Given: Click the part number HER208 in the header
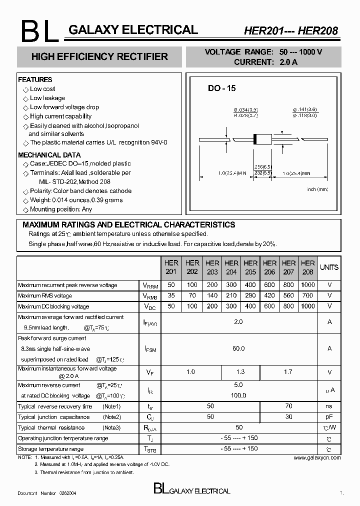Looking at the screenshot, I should click(318, 31).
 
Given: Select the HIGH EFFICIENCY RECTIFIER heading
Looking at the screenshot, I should click(99, 57).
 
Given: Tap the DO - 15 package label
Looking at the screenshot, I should click(221, 88).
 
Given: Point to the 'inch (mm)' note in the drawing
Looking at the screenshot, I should click(317, 189).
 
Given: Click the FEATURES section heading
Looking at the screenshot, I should click(35, 79).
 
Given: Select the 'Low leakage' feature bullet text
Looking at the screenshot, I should click(47, 98).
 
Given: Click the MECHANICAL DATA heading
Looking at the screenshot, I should click(49, 155).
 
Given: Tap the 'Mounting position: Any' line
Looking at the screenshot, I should click(61, 209).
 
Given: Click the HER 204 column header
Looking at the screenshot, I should click(231, 267).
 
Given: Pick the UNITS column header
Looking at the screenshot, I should click(329, 267).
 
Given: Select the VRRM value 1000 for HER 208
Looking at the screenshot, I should click(308, 285).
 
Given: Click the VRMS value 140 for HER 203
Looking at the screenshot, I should click(212, 295).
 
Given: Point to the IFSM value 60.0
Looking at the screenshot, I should click(238, 348).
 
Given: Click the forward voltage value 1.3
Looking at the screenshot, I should click(240, 372).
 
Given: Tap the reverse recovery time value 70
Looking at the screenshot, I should click(288, 406).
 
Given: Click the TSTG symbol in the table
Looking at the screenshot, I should click(150, 449).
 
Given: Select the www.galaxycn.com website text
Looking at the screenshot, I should click(317, 457).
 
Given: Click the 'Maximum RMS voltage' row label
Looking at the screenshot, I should click(45, 296).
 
